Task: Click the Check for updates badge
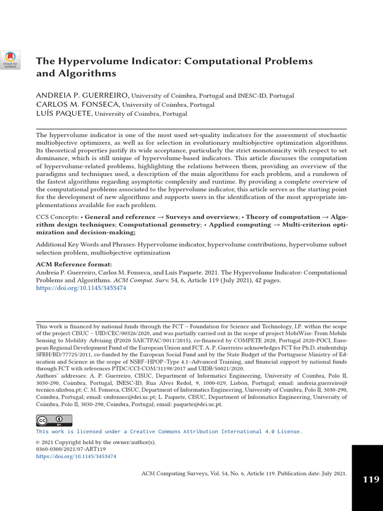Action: (10, 60)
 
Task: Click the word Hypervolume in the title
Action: (84, 61)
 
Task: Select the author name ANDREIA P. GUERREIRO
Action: (82, 95)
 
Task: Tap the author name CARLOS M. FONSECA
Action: (78, 104)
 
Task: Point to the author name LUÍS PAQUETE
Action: (64, 113)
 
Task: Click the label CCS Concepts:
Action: (57, 217)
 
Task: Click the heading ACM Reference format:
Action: (74, 264)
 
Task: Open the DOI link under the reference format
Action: (81, 288)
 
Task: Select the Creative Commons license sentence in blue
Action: (169, 431)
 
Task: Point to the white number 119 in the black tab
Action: (371, 480)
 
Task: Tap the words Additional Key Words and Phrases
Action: (86, 245)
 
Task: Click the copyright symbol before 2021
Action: (38, 442)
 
